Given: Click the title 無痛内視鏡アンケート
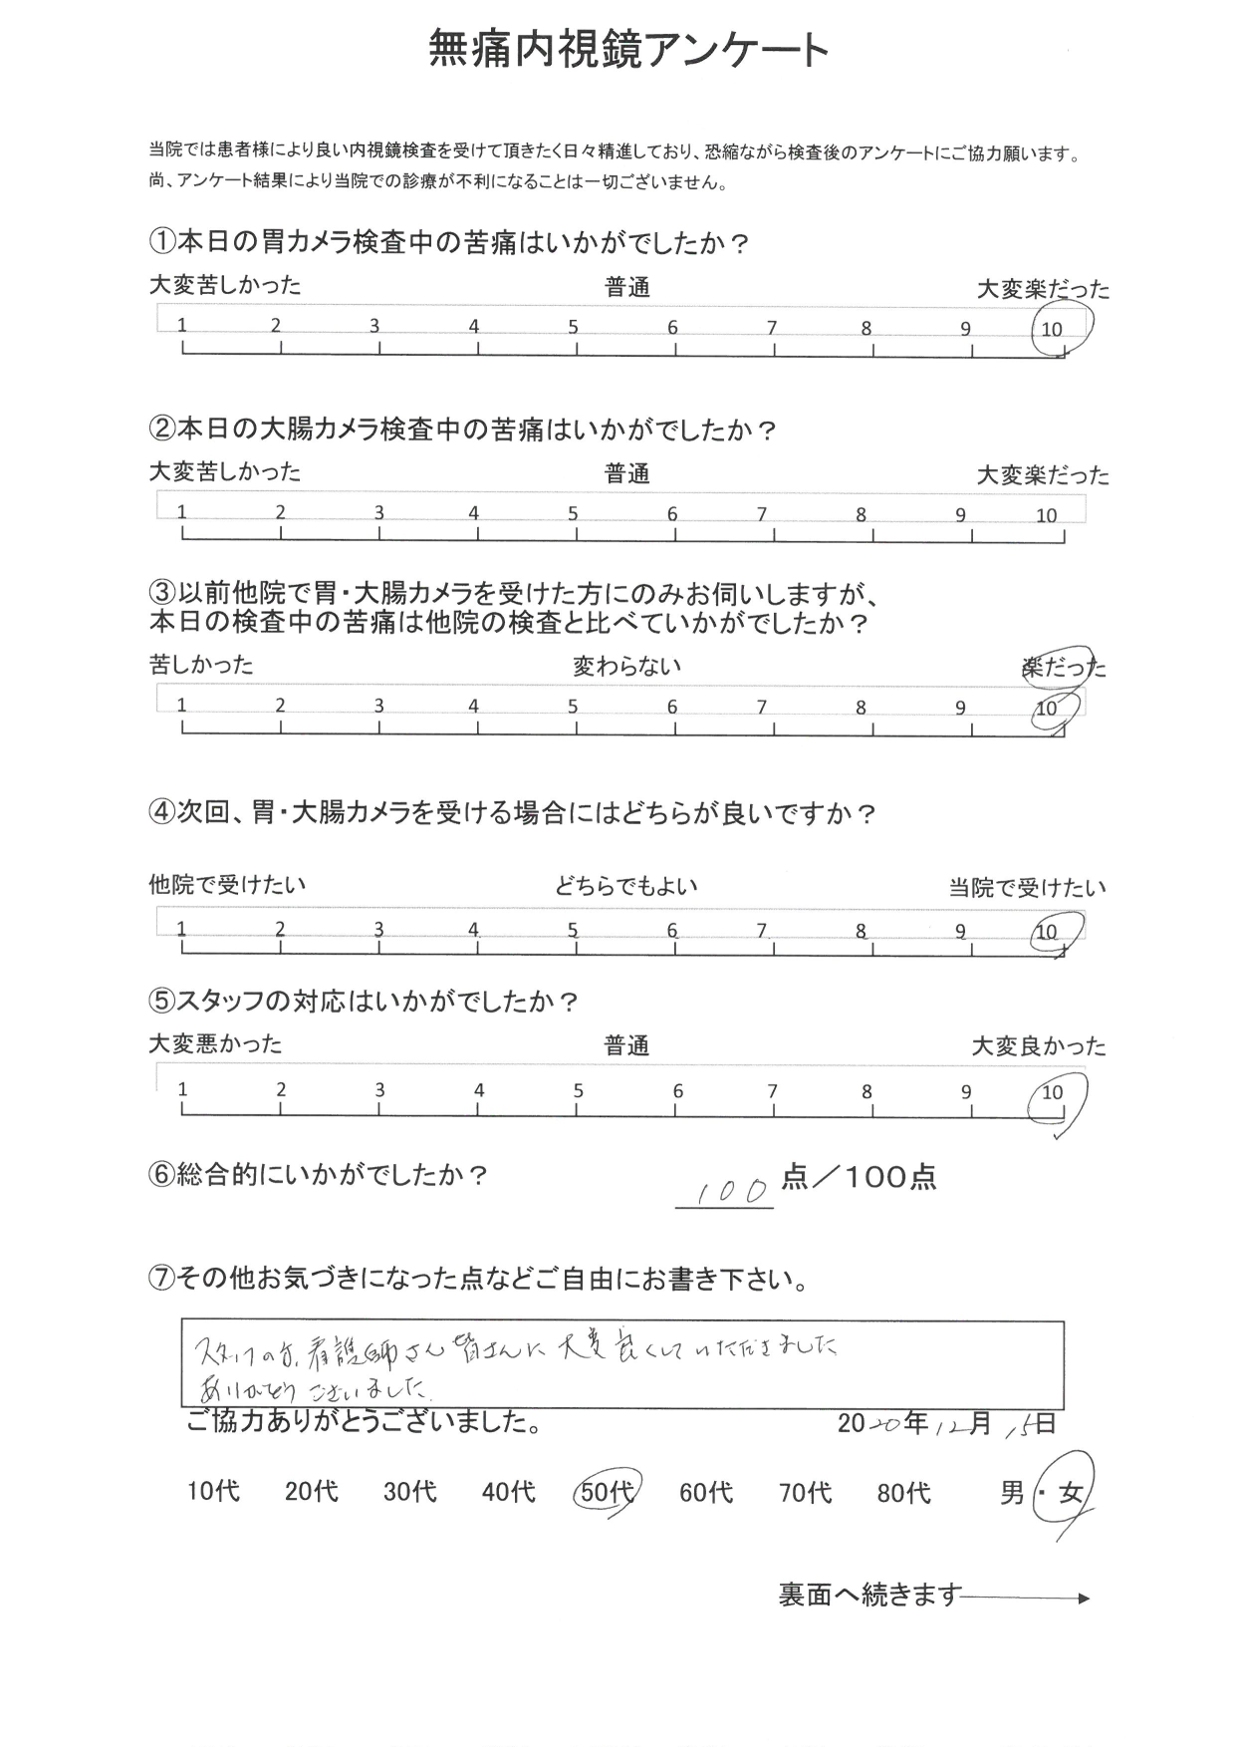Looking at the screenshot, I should click(628, 48).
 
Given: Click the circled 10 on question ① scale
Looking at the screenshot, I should click(1053, 329).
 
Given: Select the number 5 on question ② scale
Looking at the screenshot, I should click(573, 514).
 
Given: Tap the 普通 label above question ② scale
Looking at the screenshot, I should click(627, 474).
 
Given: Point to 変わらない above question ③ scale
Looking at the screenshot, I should click(626, 666).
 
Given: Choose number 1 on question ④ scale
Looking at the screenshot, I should click(181, 930).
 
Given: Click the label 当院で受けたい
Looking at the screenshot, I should click(1027, 888).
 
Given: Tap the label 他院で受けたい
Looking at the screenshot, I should click(227, 884).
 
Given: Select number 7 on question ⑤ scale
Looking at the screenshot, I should click(772, 1091).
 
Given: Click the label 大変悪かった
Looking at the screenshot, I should click(215, 1044).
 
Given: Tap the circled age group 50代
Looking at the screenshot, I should click(606, 1492).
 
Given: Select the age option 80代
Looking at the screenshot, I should click(903, 1492).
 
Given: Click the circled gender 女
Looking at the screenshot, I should click(1069, 1492).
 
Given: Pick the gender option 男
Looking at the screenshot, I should click(1012, 1493).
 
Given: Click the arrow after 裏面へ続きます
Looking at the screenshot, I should click(1027, 1598).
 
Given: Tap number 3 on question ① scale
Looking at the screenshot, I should click(374, 326).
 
